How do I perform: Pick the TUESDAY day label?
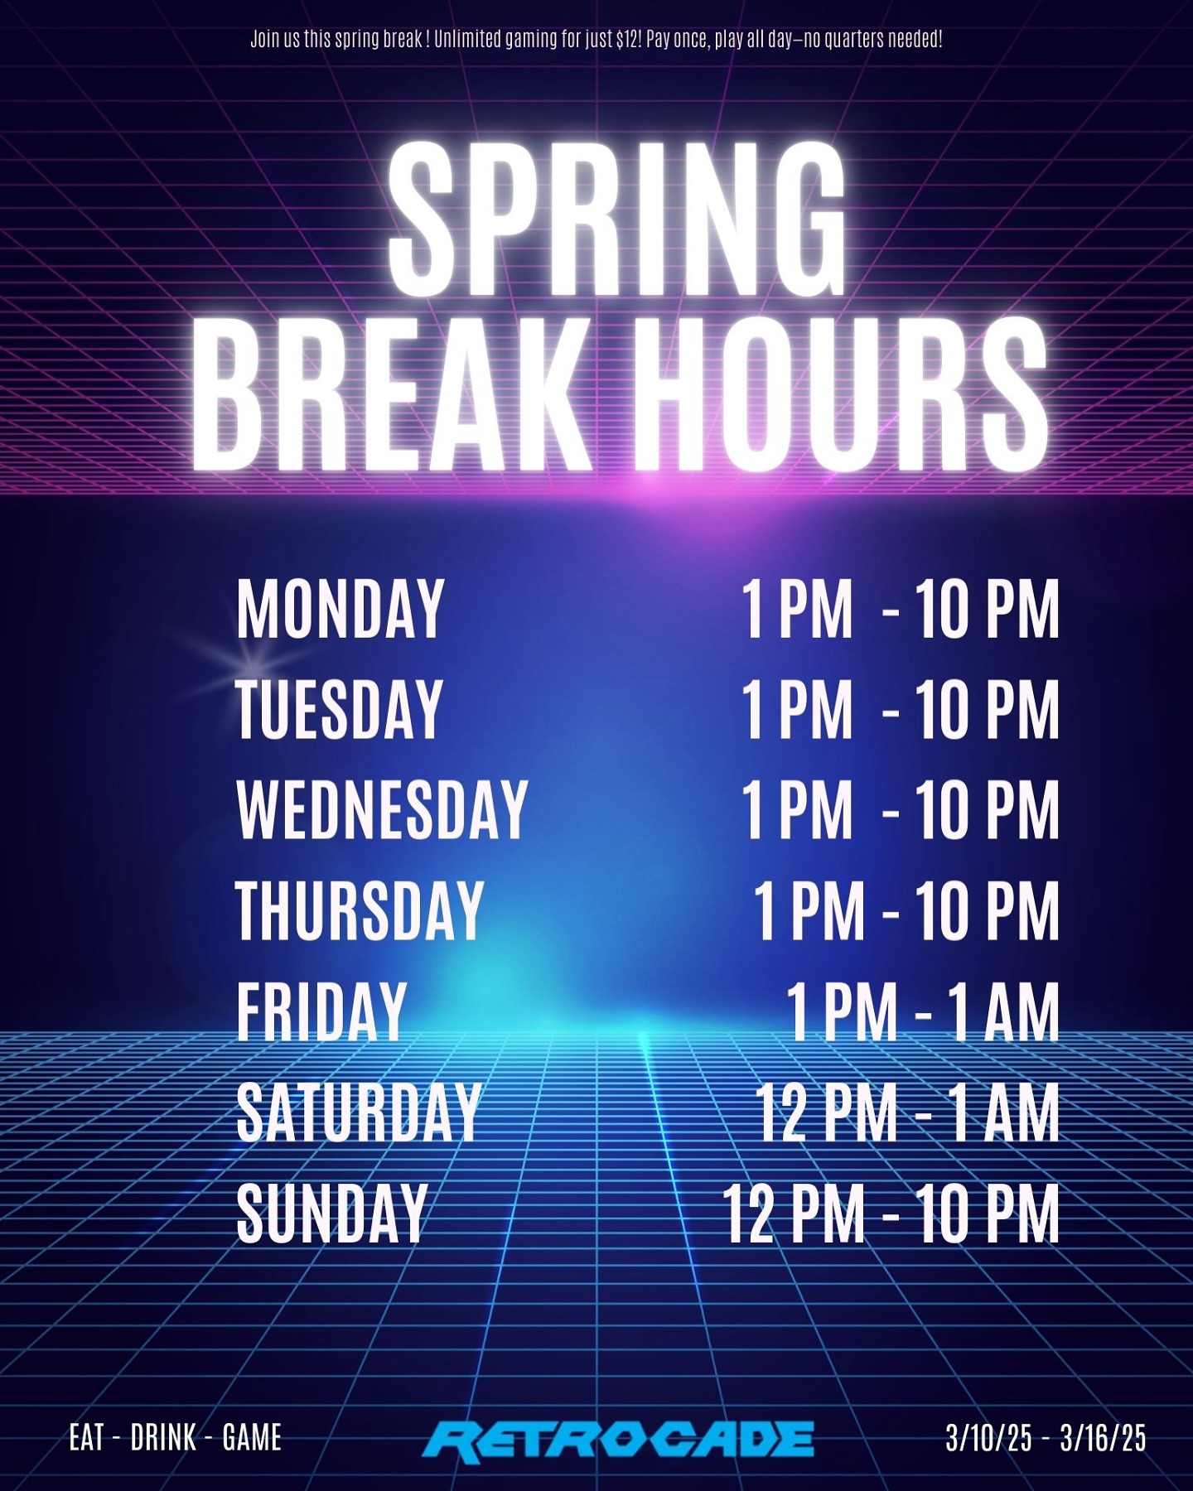[340, 709]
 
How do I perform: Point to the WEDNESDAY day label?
[382, 809]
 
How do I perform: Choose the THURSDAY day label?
[360, 910]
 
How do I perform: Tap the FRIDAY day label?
[321, 1011]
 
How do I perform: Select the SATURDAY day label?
[359, 1112]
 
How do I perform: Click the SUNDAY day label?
[331, 1213]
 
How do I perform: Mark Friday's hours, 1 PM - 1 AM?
[922, 1011]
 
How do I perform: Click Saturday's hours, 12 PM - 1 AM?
[907, 1112]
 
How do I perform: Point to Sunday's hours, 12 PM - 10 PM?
[891, 1213]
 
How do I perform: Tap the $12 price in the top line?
[629, 39]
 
